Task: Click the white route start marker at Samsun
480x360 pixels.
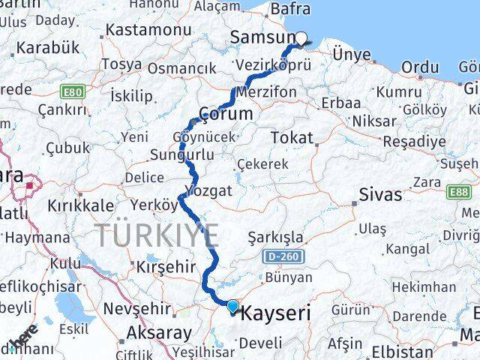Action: [x=301, y=40]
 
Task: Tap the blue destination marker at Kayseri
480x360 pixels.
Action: [x=232, y=306]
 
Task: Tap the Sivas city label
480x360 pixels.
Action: [x=379, y=195]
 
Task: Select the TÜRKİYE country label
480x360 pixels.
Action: [x=157, y=235]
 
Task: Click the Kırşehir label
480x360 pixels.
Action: [x=160, y=267]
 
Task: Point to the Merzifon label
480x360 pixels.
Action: [x=271, y=91]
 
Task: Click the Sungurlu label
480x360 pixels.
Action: [x=182, y=155]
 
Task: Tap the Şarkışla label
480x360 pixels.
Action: [x=276, y=238]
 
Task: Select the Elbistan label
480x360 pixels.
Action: [x=406, y=351]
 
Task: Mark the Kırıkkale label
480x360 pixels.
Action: [x=81, y=205]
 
